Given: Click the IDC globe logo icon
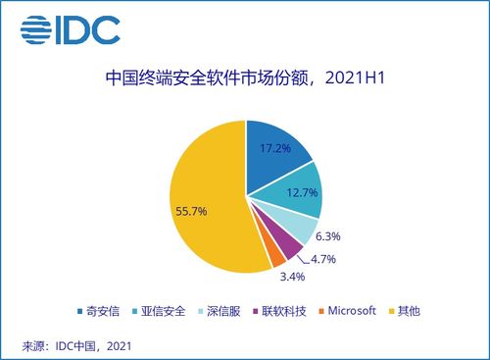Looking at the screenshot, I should click(36, 30).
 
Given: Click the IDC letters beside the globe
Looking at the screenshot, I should click(89, 30).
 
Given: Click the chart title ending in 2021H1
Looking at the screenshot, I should click(244, 77).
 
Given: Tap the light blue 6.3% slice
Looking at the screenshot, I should click(300, 228).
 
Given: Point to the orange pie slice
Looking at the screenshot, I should click(276, 256).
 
